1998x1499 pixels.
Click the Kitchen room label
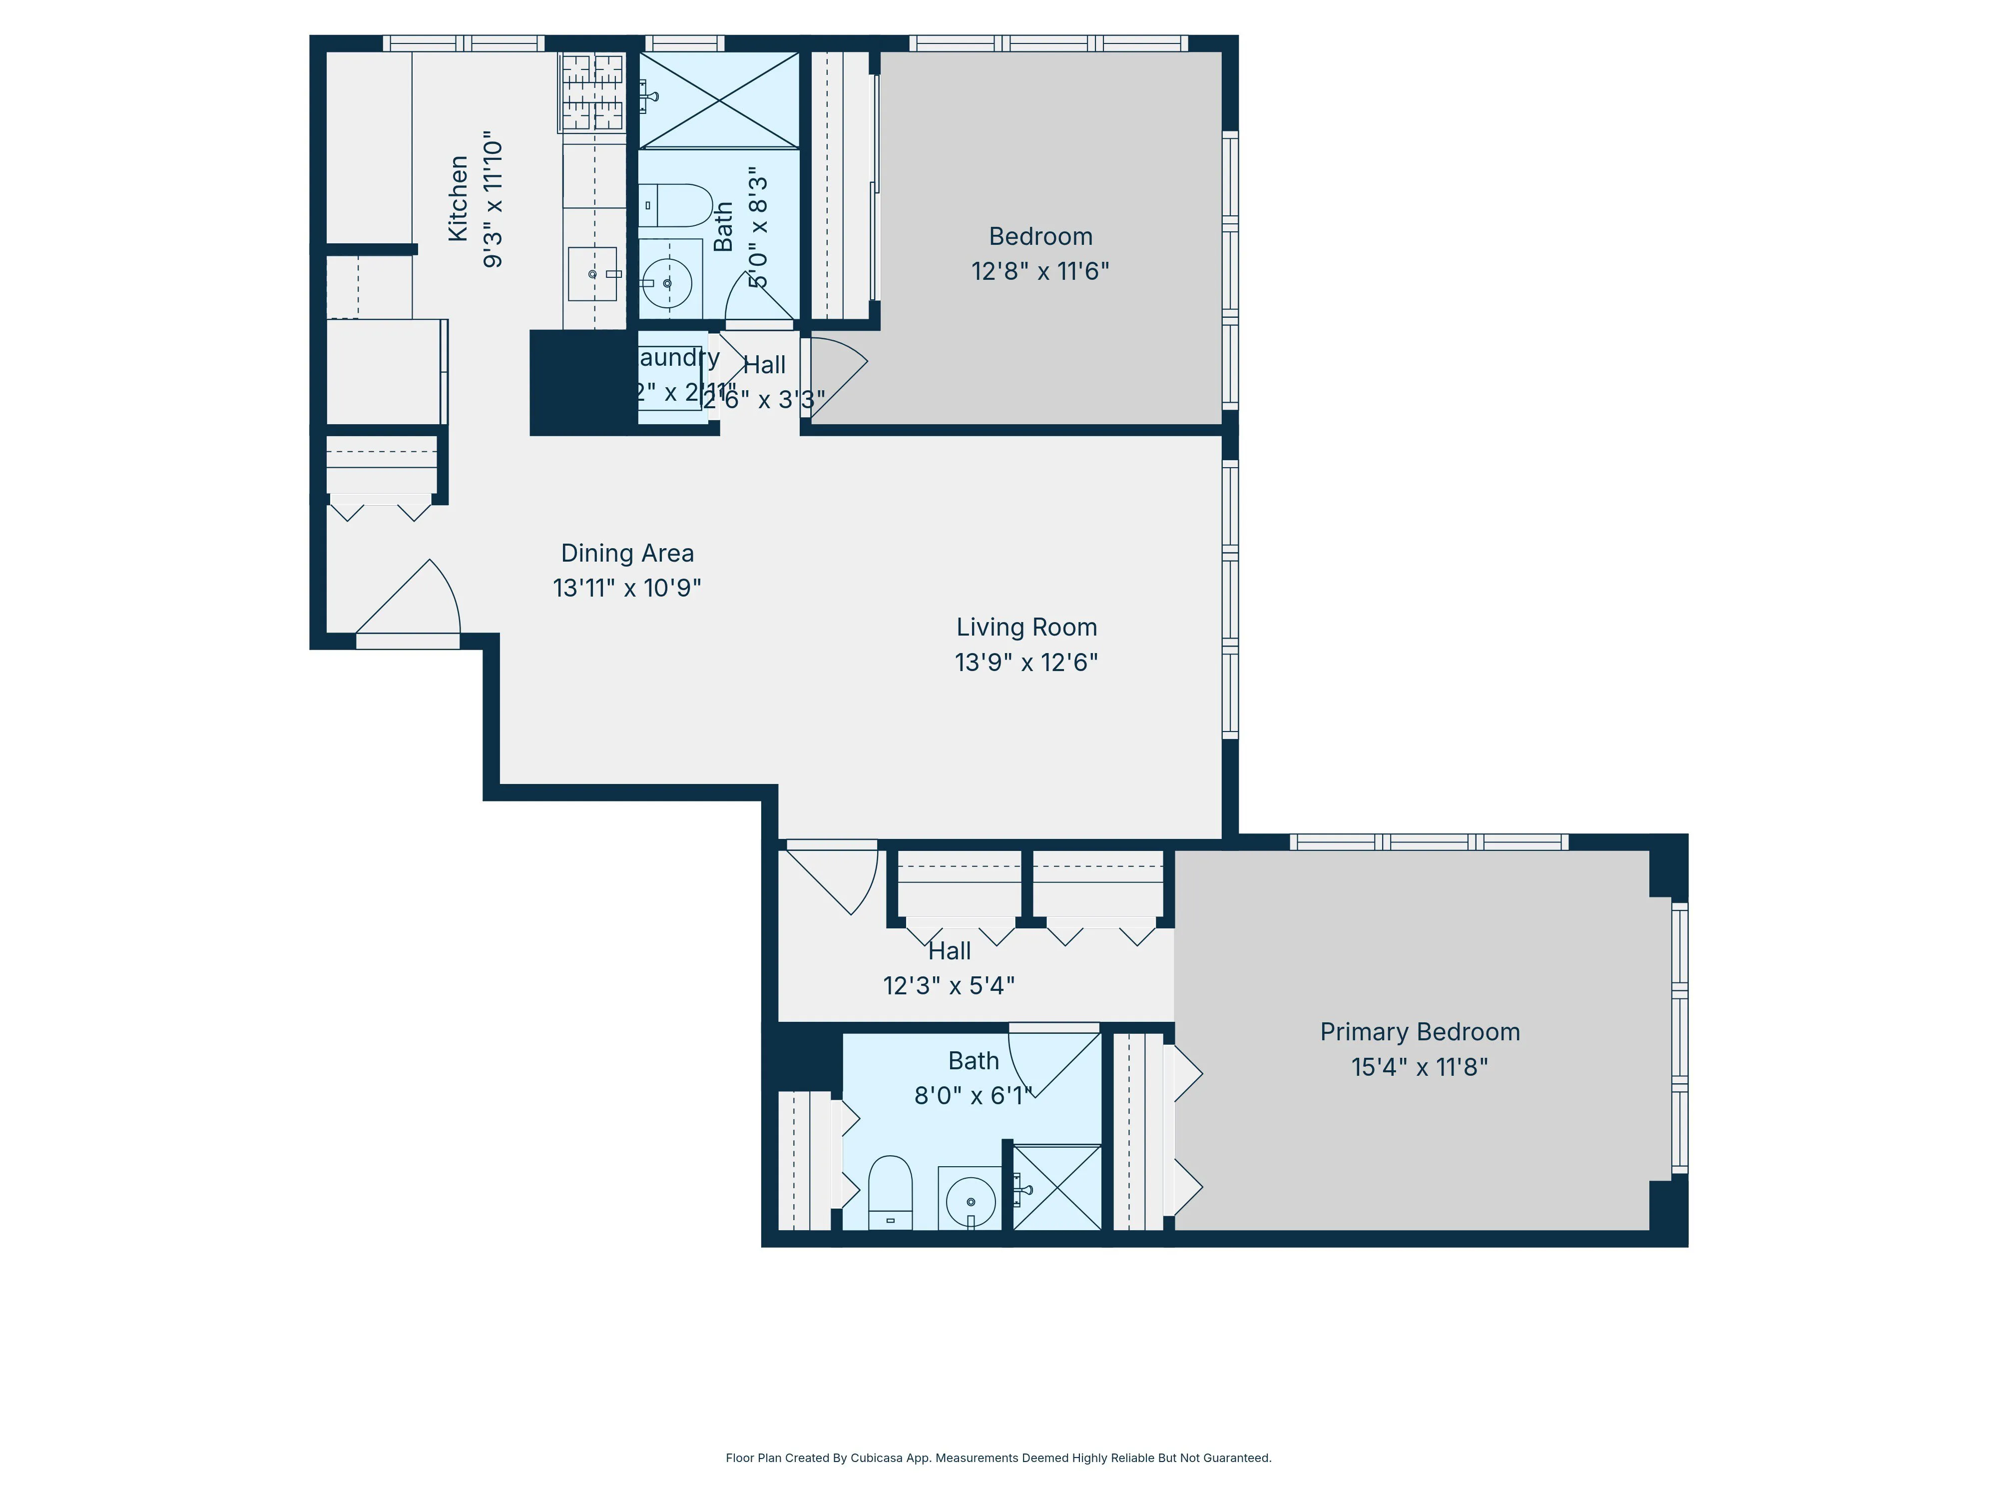click(x=458, y=199)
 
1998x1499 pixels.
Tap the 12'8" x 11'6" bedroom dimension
click(x=1039, y=271)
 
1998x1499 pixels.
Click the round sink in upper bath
click(x=667, y=284)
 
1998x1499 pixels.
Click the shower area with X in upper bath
click(x=719, y=99)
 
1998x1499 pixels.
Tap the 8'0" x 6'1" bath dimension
click(x=973, y=1096)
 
